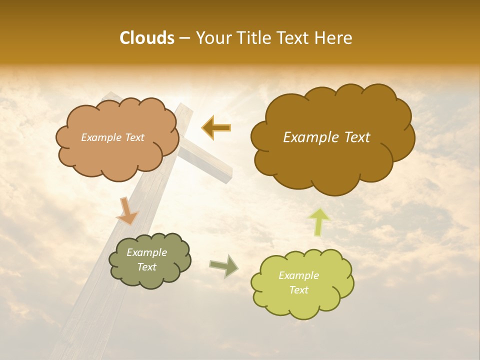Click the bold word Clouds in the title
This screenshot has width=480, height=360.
pyautogui.click(x=147, y=38)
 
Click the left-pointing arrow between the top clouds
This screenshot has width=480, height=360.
pyautogui.click(x=216, y=127)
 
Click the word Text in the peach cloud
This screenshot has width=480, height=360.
pyautogui.click(x=134, y=137)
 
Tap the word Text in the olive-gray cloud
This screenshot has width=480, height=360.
pyautogui.click(x=147, y=267)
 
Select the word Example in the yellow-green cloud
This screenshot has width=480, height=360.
pyautogui.click(x=298, y=275)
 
